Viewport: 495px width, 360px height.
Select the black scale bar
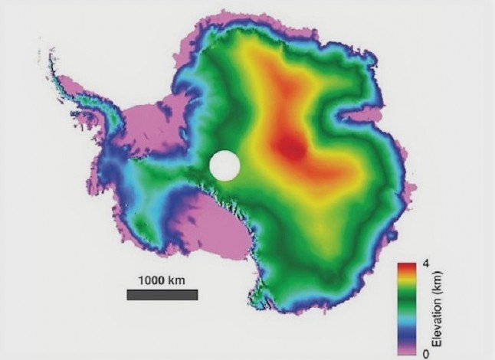point(162,295)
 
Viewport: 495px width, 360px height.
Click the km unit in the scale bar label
point(176,280)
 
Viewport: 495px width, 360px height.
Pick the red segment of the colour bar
point(406,270)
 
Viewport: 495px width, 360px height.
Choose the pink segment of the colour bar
point(406,348)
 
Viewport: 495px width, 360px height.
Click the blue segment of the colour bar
point(406,333)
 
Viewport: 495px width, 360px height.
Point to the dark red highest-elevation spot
point(290,146)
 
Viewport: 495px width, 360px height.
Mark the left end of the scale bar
point(128,295)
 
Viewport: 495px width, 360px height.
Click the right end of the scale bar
point(196,295)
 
